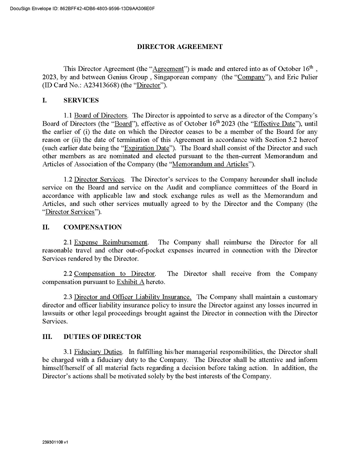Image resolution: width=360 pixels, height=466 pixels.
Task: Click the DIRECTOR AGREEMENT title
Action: pos(180,46)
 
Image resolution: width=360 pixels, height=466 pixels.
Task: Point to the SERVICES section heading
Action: pos(81,100)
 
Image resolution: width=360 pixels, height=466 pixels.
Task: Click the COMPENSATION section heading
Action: pos(92,227)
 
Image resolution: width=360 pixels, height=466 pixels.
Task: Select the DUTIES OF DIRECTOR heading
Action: pos(102,336)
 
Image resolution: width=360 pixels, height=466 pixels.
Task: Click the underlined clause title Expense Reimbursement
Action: pos(111,242)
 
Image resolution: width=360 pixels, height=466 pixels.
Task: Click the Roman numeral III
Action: pos(47,336)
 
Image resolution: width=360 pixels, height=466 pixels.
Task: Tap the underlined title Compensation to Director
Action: pos(114,273)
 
